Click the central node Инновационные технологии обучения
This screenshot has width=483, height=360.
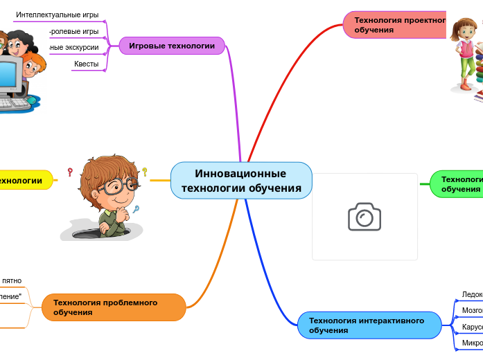241,181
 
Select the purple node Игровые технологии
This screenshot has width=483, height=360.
172,46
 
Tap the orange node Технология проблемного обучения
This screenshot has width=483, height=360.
114,307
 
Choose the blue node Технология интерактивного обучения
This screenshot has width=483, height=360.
369,325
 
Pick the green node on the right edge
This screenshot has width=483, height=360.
457,184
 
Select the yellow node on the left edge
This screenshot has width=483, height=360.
24,181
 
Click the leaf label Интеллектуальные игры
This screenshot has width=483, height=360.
58,15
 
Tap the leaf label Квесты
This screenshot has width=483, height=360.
87,64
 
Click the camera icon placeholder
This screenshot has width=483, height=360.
365,217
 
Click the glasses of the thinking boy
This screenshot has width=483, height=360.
115,186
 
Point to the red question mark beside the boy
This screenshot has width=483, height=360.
70,172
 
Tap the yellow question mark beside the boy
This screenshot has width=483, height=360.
145,171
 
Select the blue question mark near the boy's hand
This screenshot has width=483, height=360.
137,209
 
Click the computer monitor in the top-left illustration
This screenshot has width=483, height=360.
10,75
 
